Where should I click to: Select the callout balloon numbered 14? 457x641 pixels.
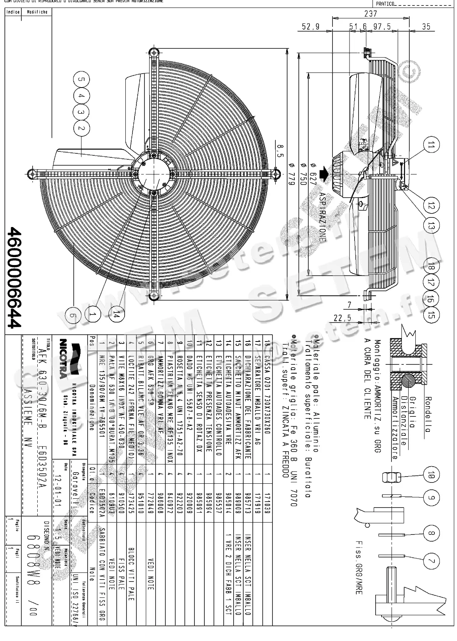[x=116, y=315]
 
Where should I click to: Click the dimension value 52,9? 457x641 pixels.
[x=311, y=27]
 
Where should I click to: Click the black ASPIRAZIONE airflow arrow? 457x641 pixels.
[x=325, y=172]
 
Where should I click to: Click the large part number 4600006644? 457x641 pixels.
[x=14, y=277]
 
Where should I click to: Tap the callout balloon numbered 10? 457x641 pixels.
[x=431, y=475]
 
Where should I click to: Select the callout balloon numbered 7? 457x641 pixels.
[x=431, y=561]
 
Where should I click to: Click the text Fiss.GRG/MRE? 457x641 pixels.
[x=359, y=567]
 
